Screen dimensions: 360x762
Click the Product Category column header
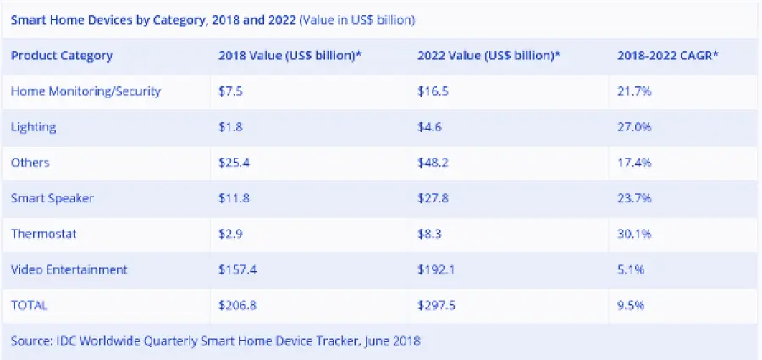62,56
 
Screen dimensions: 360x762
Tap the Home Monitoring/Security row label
86,91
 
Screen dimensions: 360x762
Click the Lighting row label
34,127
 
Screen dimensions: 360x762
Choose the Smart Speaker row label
52,198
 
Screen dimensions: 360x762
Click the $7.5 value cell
231,91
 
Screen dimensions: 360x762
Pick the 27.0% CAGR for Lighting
636,127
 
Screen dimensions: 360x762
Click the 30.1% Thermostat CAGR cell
636,234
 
